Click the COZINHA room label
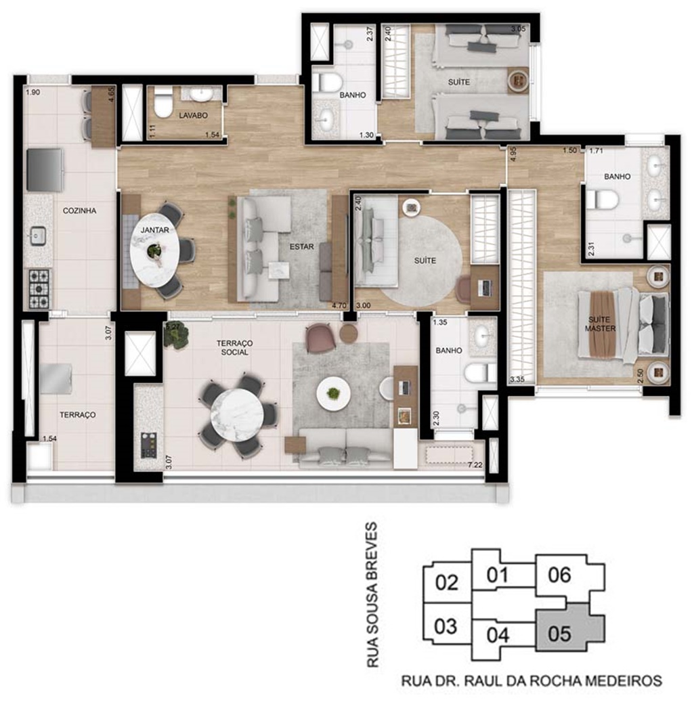tap(79, 211)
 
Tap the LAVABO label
tap(193, 115)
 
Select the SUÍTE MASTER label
tap(600, 324)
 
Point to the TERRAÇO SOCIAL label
tap(234, 347)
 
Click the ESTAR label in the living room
tap(301, 247)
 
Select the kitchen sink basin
tap(38, 236)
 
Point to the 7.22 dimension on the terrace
tap(475, 464)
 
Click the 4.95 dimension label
tap(513, 154)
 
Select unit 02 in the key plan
tap(448, 582)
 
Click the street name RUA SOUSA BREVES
tap(372, 594)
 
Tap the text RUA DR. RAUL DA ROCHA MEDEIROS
tap(532, 681)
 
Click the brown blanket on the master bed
tap(602, 325)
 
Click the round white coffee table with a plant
tap(333, 393)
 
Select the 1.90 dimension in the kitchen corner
tap(32, 93)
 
